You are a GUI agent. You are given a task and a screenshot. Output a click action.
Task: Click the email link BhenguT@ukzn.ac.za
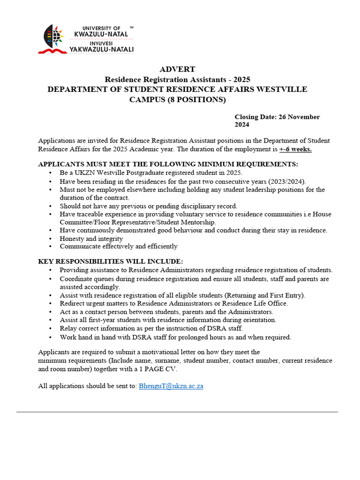pyautogui.click(x=171, y=386)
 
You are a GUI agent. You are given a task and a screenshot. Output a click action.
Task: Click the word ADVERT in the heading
pyautogui.click(x=177, y=69)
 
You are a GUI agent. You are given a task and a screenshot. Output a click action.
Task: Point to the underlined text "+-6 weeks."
pyautogui.click(x=295, y=149)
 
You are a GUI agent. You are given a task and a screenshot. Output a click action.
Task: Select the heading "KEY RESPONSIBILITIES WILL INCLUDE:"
pyautogui.click(x=111, y=261)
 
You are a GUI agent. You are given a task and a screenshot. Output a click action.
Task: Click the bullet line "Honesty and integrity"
pyautogui.click(x=91, y=238)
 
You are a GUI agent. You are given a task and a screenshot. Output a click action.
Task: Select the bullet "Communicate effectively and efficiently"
pyautogui.click(x=118, y=246)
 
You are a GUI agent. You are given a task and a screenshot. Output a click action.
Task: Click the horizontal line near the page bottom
pyautogui.click(x=177, y=412)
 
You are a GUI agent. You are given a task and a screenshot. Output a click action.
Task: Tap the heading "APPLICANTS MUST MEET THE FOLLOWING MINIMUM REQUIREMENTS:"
pyautogui.click(x=168, y=164)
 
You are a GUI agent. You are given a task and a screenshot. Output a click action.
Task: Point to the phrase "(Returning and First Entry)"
pyautogui.click(x=265, y=295)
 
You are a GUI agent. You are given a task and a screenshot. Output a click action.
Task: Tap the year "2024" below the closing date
pyautogui.click(x=242, y=125)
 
